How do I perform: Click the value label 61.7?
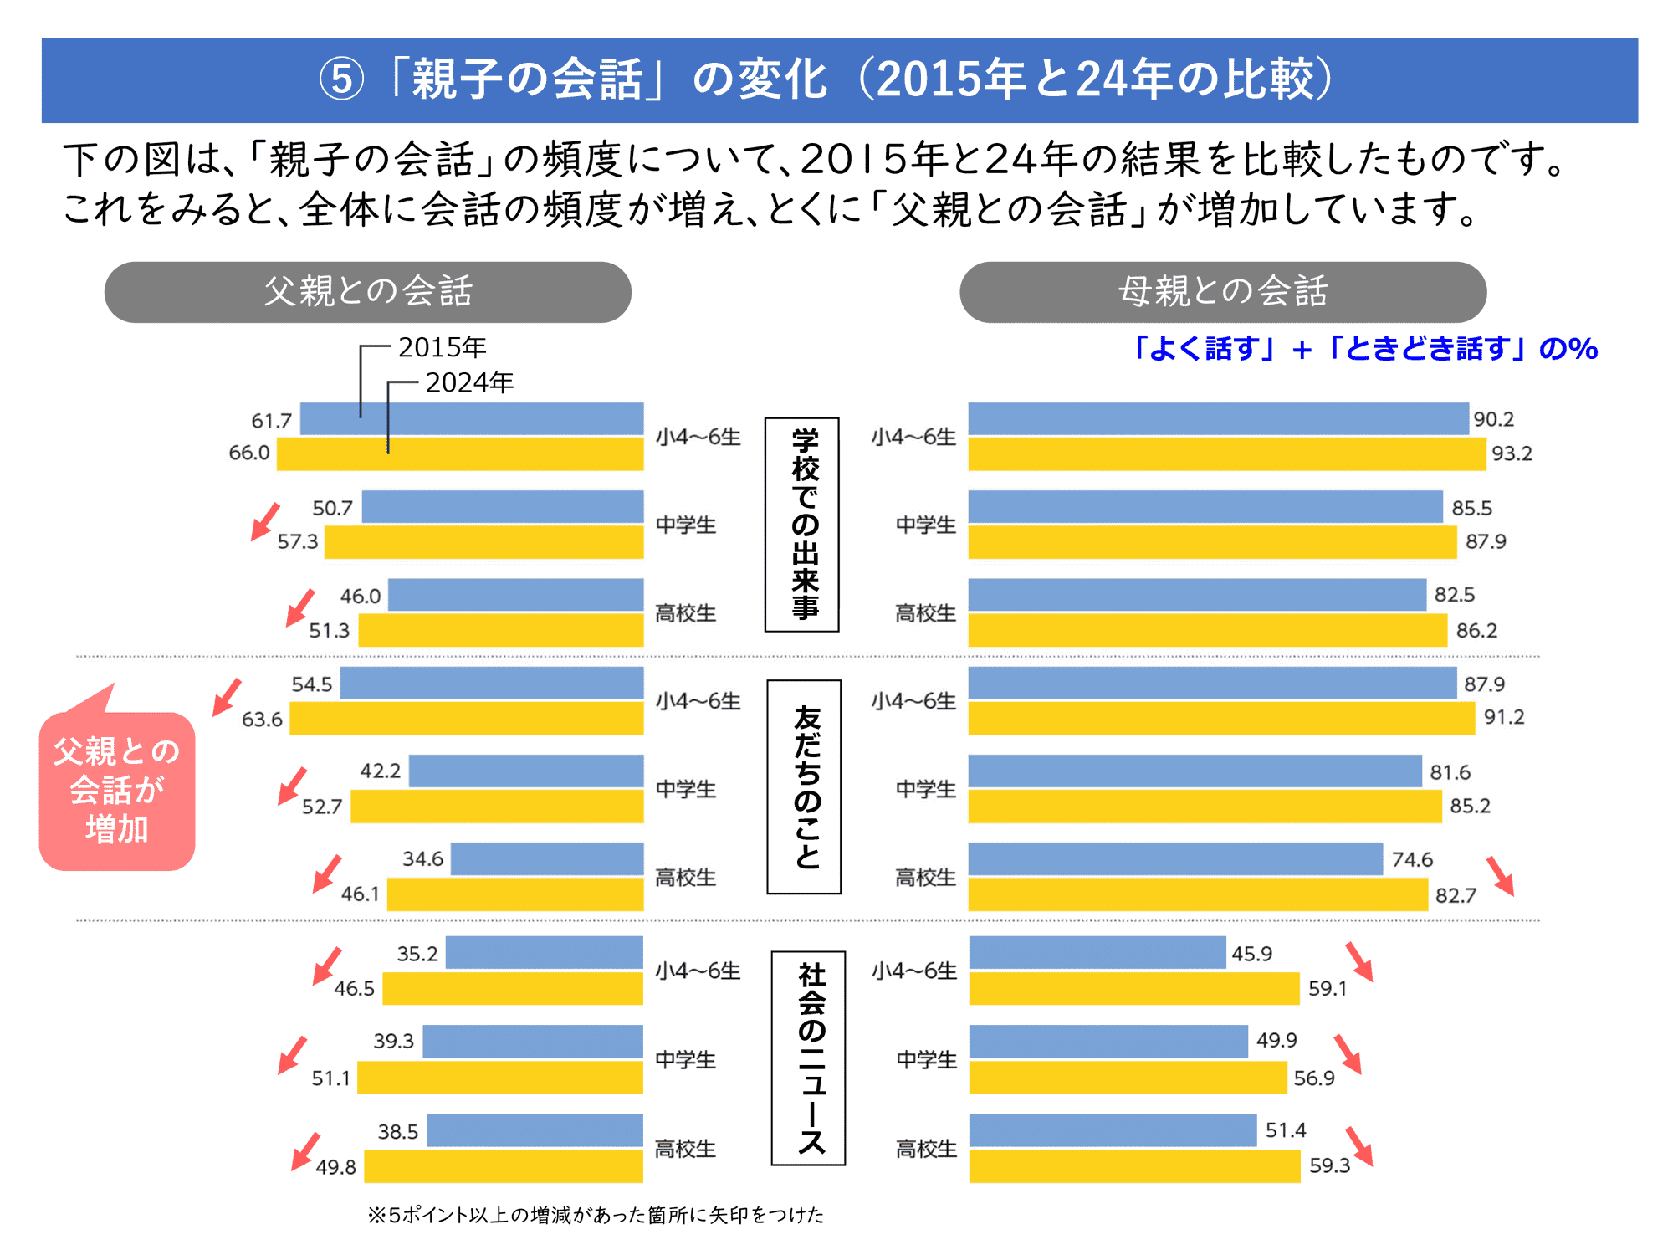pyautogui.click(x=271, y=420)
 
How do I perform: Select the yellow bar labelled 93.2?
pyautogui.click(x=1226, y=454)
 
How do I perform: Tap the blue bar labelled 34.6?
pyautogui.click(x=547, y=859)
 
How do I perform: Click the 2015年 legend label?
pyautogui.click(x=442, y=347)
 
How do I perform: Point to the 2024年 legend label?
pyautogui.click(x=469, y=382)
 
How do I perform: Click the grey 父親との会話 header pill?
pyautogui.click(x=367, y=292)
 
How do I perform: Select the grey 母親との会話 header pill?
pyautogui.click(x=1222, y=292)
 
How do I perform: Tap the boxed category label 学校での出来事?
pyautogui.click(x=802, y=525)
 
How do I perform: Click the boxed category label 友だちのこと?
pyautogui.click(x=804, y=786)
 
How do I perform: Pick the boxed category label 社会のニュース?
pyautogui.click(x=808, y=1058)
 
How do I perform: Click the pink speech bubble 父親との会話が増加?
pyautogui.click(x=117, y=790)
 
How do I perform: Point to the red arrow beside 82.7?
pyautogui.click(x=1501, y=876)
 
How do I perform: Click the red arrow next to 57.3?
pyautogui.click(x=265, y=521)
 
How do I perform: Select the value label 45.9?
pyautogui.click(x=1251, y=954)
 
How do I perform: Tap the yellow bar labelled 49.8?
pyautogui.click(x=503, y=1166)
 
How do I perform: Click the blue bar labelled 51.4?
pyautogui.click(x=1113, y=1130)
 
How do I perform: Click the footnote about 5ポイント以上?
pyautogui.click(x=596, y=1215)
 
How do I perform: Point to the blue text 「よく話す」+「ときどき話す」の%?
pyautogui.click(x=1363, y=348)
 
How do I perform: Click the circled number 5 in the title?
pyautogui.click(x=341, y=80)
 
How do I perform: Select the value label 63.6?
pyautogui.click(x=262, y=720)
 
